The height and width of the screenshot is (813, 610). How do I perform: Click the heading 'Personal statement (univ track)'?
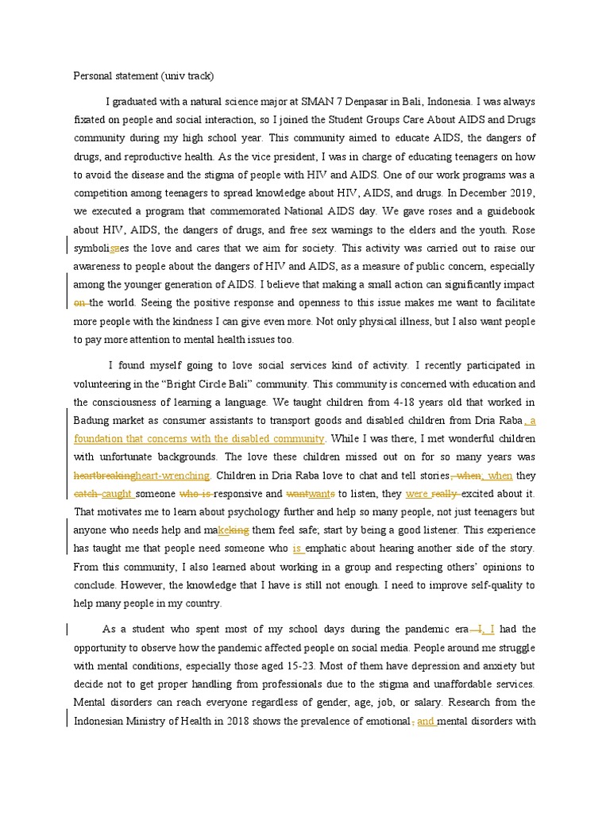[144, 76]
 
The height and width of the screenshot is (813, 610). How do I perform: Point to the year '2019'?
[523, 193]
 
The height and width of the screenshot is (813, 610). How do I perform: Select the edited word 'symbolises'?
[102, 248]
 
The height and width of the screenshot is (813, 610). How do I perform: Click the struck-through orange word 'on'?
[79, 302]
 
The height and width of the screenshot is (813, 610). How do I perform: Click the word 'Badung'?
[91, 420]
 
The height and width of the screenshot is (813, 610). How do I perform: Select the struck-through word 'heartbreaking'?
[104, 476]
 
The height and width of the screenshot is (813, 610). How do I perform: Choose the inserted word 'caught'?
[117, 494]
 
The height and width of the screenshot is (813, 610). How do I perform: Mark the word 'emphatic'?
[334, 549]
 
